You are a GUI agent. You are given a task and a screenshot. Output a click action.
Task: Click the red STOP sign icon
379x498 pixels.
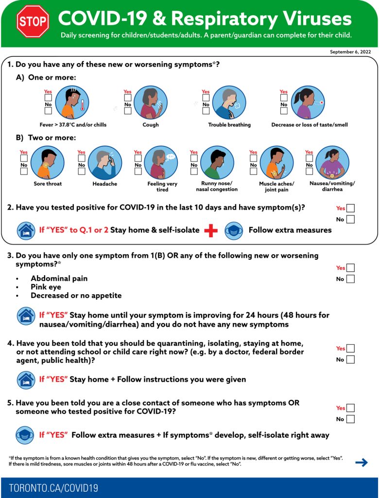click(x=33, y=21)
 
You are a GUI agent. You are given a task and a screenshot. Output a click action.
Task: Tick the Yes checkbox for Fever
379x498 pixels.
click(x=48, y=98)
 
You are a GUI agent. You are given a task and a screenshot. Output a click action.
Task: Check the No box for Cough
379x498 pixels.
click(x=127, y=110)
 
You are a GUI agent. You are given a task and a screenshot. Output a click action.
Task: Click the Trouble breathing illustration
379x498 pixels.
click(x=229, y=103)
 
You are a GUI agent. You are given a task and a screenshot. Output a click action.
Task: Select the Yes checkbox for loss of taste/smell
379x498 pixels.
click(x=284, y=98)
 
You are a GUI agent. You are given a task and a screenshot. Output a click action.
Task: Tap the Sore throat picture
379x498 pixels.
click(x=48, y=162)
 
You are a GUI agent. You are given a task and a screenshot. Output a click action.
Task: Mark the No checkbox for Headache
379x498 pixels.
click(x=82, y=171)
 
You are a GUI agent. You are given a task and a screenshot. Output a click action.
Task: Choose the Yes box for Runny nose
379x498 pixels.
click(x=194, y=158)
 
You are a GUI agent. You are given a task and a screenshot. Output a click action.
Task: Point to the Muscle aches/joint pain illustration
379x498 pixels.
click(x=276, y=162)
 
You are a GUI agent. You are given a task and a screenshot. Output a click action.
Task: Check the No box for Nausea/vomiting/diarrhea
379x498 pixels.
click(x=309, y=171)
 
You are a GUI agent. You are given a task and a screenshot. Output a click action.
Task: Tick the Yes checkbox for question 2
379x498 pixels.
click(x=350, y=208)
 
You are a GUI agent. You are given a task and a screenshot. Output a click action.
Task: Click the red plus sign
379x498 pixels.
click(x=211, y=231)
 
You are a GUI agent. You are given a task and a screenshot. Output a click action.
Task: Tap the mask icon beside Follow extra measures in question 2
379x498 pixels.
click(x=234, y=231)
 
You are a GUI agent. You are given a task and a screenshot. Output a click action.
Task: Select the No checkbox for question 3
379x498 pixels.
click(x=350, y=279)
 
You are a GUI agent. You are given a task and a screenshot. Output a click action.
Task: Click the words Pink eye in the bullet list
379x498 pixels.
click(x=46, y=287)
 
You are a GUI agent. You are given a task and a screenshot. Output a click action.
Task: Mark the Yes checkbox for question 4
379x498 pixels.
click(x=350, y=348)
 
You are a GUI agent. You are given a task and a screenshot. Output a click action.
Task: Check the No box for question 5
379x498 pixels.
click(x=350, y=419)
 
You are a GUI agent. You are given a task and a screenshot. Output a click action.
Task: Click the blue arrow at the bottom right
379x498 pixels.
click(x=362, y=462)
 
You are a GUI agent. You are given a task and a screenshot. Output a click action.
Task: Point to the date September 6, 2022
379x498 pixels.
click(x=350, y=52)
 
